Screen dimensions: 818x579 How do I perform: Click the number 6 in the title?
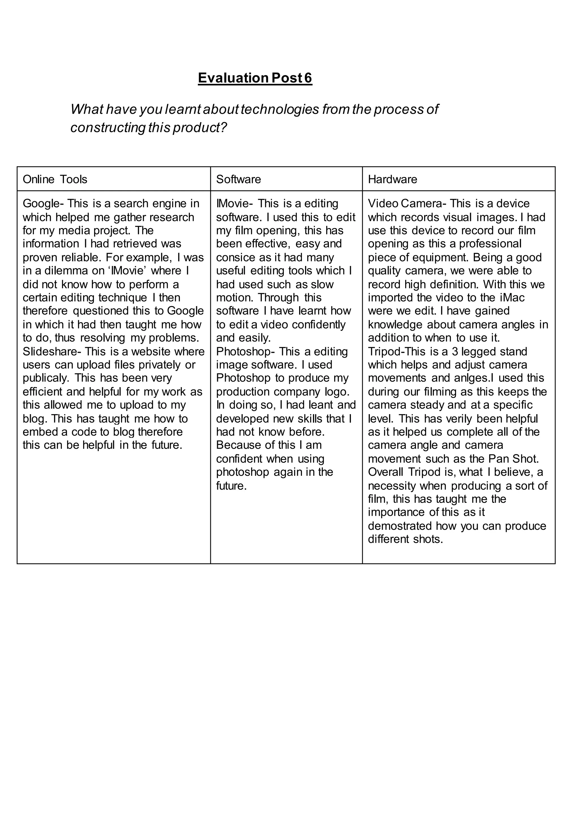[x=308, y=78]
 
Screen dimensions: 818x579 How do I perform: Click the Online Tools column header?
[x=55, y=179]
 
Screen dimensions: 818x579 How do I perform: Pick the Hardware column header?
[x=392, y=179]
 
